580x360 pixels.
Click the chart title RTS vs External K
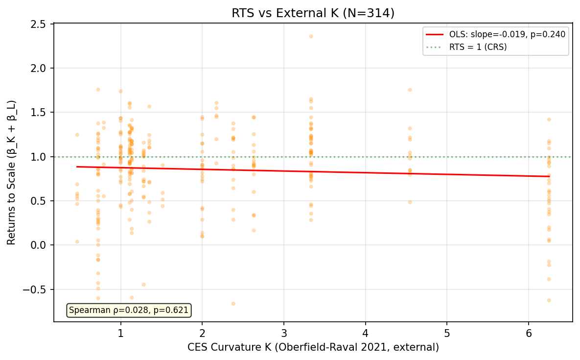coord(313,13)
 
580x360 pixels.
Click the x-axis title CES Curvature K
coord(313,347)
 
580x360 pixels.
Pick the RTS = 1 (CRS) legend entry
coord(478,47)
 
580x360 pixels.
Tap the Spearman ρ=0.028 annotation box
coord(129,310)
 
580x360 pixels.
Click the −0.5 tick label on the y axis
coord(37,289)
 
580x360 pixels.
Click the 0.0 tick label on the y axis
coord(40,245)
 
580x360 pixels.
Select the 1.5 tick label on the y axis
coord(40,112)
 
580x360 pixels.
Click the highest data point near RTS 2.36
coord(311,36)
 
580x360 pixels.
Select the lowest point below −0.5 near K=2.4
coord(233,304)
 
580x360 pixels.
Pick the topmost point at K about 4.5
coord(410,90)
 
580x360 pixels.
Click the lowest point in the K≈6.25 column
coord(549,300)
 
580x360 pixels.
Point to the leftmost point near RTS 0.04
coord(77,241)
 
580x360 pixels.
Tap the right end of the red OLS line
coord(549,176)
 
